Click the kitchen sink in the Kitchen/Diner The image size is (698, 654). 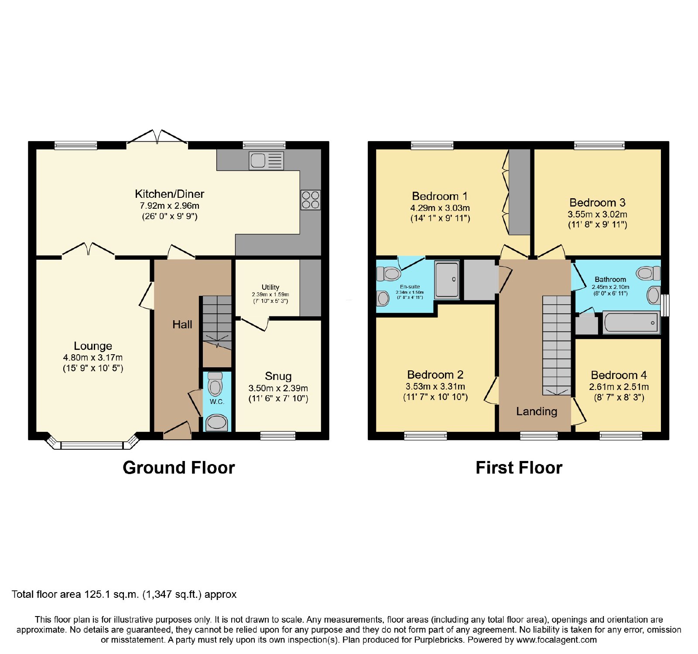coord(266,160)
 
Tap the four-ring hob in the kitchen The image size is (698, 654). coord(310,200)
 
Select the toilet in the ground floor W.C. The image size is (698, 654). coord(215,383)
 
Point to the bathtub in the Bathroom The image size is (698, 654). coord(631,323)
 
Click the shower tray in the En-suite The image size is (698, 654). coord(447,279)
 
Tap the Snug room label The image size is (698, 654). coord(278,376)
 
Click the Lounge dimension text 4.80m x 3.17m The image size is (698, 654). coord(93,358)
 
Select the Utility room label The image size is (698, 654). coord(270,287)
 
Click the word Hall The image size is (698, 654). coord(182,325)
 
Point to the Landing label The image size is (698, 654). coord(537,412)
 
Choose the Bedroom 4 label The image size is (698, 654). coord(619,375)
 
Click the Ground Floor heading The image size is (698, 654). coord(179,468)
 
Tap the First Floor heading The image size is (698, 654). coord(519,468)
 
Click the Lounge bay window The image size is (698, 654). coord(92,442)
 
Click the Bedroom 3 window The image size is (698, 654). coord(599,146)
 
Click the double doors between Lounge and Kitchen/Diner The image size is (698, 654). coord(89,250)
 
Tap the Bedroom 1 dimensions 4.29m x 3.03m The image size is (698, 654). coord(440,208)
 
